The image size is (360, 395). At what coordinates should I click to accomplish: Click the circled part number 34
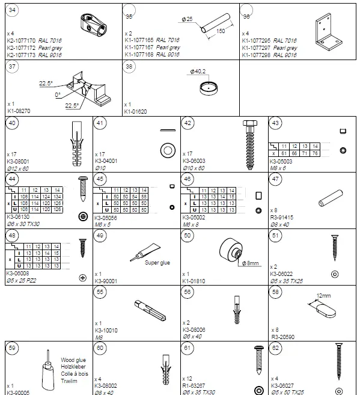(x=13, y=10)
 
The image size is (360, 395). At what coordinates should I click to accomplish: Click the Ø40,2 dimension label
(x=198, y=72)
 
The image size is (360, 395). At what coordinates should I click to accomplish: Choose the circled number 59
(x=13, y=349)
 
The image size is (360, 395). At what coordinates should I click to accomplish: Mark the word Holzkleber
(x=74, y=366)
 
